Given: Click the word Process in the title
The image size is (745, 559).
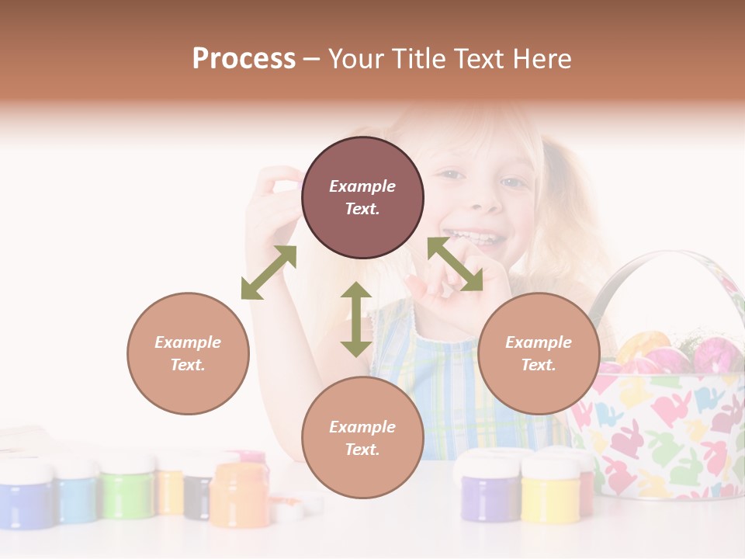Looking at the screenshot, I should [244, 58].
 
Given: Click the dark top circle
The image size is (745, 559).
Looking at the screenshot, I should [362, 198].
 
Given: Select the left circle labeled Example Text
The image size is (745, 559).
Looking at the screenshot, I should [188, 353].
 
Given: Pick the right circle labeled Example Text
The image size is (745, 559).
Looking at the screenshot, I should [539, 353].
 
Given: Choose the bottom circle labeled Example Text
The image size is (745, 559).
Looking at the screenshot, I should [362, 438].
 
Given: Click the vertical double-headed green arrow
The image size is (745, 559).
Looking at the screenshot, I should [356, 319].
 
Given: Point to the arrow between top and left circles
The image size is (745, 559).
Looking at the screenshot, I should [269, 273].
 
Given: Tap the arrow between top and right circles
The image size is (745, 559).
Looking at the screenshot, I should [456, 265].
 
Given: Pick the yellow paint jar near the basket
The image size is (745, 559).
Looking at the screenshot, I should [550, 490].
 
